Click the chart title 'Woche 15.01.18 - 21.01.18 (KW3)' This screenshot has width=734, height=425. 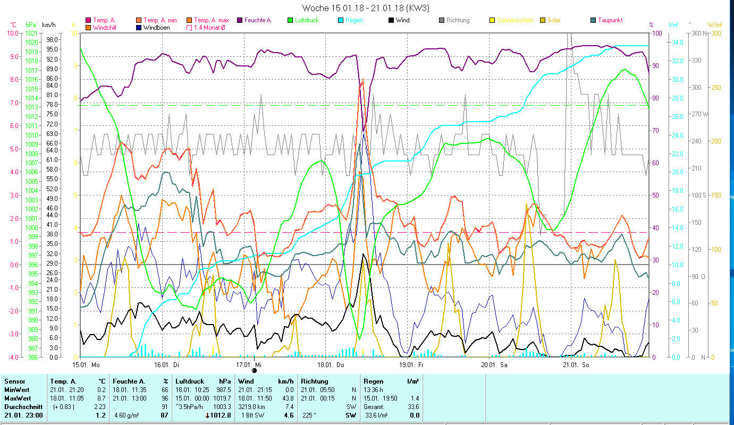366,8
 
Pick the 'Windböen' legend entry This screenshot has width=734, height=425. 156,27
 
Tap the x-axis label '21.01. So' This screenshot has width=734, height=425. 576,365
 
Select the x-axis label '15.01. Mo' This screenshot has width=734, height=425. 86,365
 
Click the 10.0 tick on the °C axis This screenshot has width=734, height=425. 12,33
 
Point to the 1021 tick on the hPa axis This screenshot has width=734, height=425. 31,33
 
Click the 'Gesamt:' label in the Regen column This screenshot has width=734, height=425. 373,406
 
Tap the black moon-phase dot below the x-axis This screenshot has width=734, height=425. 254,370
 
